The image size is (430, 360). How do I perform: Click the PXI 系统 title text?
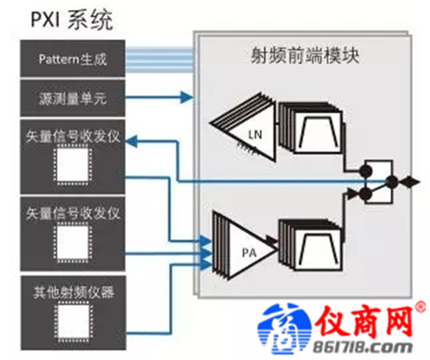72,20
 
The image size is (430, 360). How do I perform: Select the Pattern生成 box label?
73,59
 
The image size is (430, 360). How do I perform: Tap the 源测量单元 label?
73,98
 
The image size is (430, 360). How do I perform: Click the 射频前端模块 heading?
305,55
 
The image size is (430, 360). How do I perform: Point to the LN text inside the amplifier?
255,134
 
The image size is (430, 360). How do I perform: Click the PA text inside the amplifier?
249,253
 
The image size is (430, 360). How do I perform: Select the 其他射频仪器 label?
73,292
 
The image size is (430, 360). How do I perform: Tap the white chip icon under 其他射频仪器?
73,322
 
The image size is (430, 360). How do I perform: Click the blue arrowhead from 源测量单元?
187,97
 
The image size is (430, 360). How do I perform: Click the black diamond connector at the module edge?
410,182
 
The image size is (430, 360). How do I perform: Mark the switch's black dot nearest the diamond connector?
392,182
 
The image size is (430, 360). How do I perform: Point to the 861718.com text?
363,348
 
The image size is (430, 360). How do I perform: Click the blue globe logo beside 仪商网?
285,329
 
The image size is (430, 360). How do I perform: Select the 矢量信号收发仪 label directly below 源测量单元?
73,136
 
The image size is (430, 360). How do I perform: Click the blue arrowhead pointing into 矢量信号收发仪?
131,141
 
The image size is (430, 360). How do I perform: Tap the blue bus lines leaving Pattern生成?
159,60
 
